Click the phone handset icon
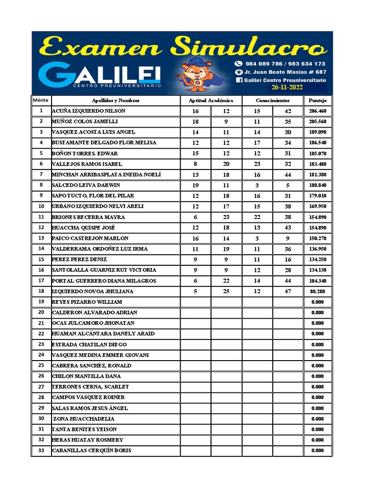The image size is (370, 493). tap(238, 64)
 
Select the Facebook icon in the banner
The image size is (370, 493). tap(238, 80)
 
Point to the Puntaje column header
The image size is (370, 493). tap(317, 101)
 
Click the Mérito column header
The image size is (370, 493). tap(41, 101)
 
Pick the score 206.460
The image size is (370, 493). tap(317, 111)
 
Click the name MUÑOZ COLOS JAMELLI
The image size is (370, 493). tap(85, 122)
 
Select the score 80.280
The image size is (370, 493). tap(317, 291)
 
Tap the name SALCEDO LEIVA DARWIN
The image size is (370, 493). tap(86, 185)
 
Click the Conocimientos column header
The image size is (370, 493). tap(273, 101)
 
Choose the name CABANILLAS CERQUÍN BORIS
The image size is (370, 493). tap(91, 451)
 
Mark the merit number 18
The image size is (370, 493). tap(41, 291)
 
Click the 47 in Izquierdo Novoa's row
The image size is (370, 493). tap(288, 291)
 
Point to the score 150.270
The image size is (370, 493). tap(317, 238)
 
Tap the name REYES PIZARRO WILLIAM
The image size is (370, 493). tap(87, 302)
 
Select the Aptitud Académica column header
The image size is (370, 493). tap(211, 101)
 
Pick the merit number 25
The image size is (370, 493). tap(41, 365)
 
